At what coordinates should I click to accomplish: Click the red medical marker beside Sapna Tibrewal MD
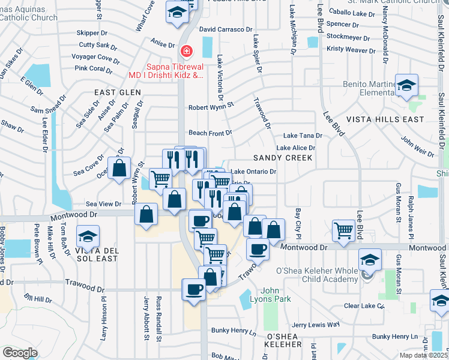pyautogui.click(x=187, y=50)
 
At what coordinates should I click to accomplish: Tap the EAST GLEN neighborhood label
pyautogui.click(x=117, y=92)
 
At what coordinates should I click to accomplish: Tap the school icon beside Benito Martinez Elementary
pyautogui.click(x=406, y=87)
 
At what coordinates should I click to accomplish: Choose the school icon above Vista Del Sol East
pyautogui.click(x=88, y=236)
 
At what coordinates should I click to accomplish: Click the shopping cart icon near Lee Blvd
pyautogui.click(x=343, y=229)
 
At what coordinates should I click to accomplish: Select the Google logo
pyautogui.click(x=19, y=352)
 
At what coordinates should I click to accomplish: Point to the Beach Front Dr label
pyautogui.click(x=210, y=133)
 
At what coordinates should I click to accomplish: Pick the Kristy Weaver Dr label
pyautogui.click(x=351, y=48)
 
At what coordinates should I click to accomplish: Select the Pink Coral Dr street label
pyautogui.click(x=93, y=68)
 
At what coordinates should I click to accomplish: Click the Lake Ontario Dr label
pyautogui.click(x=253, y=172)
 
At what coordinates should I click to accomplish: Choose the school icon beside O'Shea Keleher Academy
pyautogui.click(x=369, y=261)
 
